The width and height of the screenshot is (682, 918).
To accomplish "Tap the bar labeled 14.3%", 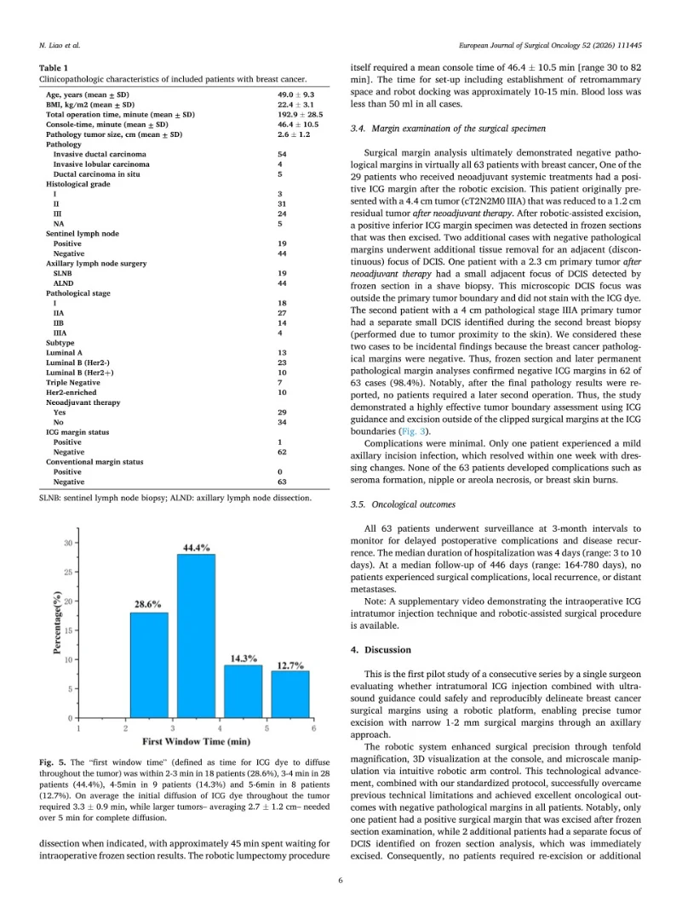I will pos(244,692).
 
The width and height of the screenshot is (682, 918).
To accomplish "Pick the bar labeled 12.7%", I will pos(290,694).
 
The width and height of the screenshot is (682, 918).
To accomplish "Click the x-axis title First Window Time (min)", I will pos(195,742).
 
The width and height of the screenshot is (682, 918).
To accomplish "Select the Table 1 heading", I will pos(54,67).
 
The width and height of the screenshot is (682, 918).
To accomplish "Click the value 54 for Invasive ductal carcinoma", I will pos(282,154).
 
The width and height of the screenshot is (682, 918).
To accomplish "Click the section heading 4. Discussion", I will pos(381,650).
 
